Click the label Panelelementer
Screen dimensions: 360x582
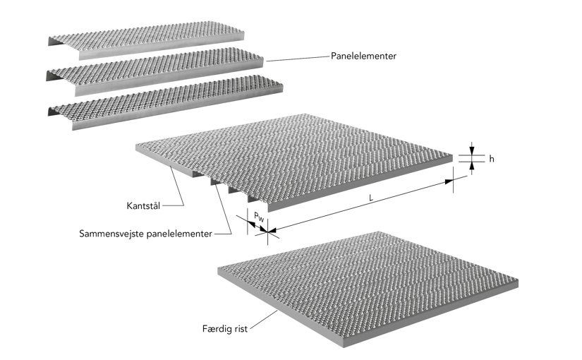tap(363, 56)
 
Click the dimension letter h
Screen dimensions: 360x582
tap(492, 159)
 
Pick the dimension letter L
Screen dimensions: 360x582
tap(371, 198)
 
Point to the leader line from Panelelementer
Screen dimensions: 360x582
tap(296, 59)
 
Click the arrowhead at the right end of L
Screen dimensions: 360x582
tap(449, 182)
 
